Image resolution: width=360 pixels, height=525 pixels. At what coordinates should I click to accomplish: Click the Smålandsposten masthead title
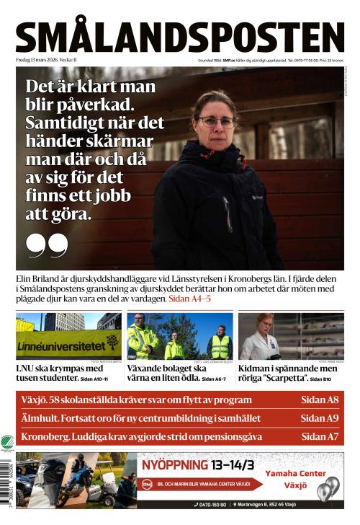point(180,37)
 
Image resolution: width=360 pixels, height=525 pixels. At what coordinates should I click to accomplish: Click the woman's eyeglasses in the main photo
point(216,121)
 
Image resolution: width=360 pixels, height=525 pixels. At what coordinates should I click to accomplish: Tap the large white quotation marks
point(48,245)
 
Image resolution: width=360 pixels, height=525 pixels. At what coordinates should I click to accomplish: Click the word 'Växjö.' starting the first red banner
point(34,400)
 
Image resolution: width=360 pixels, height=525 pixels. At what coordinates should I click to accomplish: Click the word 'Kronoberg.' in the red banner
point(45,436)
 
